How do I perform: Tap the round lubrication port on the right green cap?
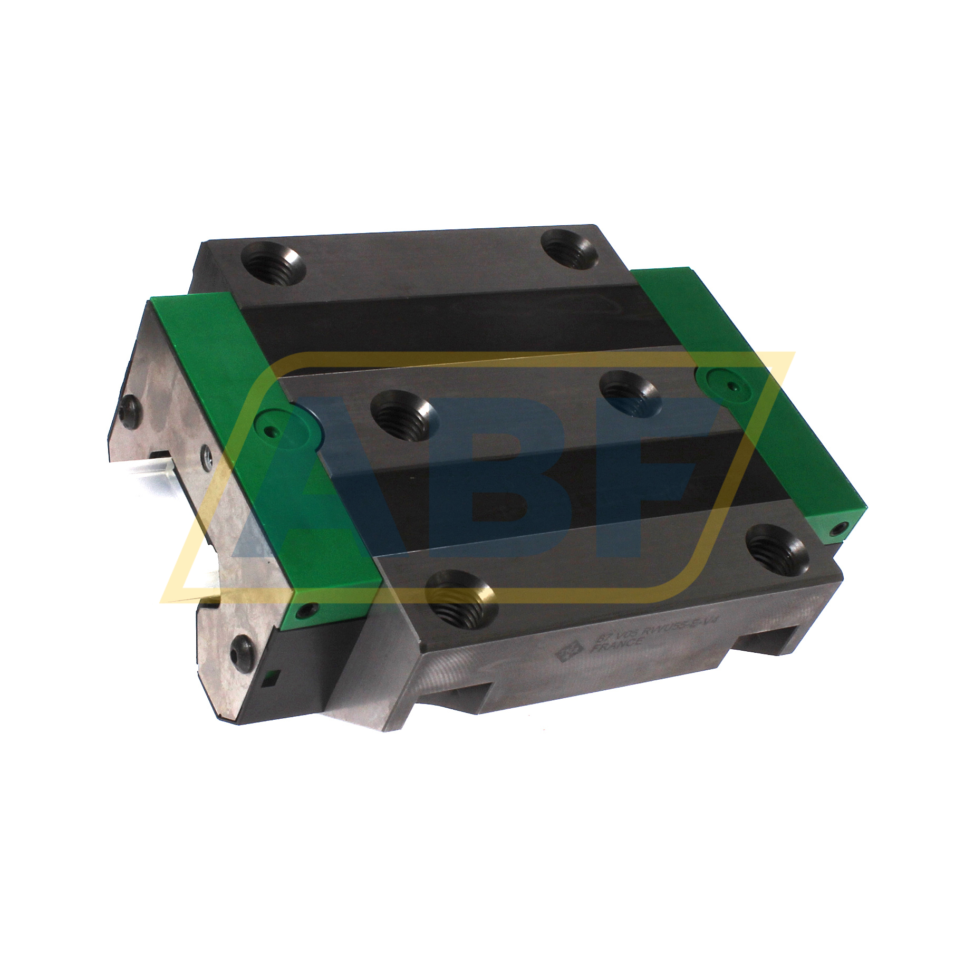click(x=723, y=384)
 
